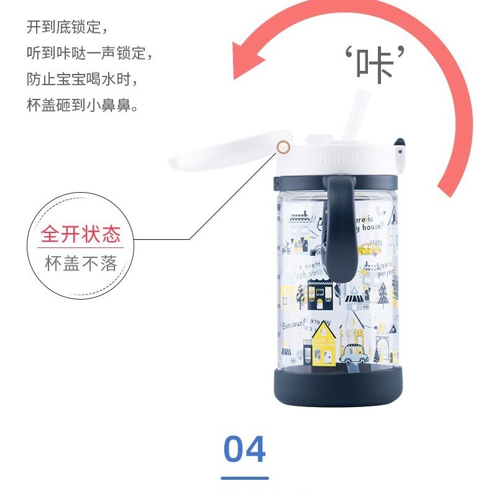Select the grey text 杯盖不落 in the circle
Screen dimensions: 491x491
80,264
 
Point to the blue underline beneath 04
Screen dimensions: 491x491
245,478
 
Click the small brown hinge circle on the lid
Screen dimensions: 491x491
283,147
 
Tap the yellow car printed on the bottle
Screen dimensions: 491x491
369,249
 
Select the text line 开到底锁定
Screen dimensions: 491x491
67,27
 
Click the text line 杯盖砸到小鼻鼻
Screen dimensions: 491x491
82,106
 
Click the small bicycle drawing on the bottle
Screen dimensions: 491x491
286,250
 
